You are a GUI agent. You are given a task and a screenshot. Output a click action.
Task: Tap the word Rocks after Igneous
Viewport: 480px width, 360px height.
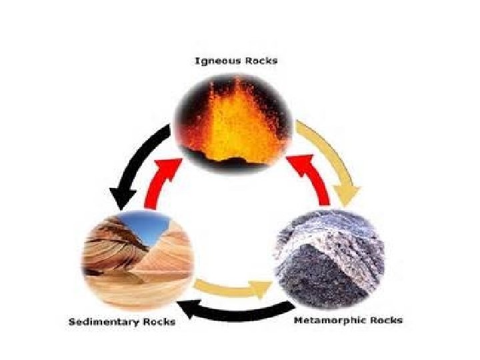261,61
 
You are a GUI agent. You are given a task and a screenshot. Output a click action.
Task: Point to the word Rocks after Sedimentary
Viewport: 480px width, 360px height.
160,322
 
